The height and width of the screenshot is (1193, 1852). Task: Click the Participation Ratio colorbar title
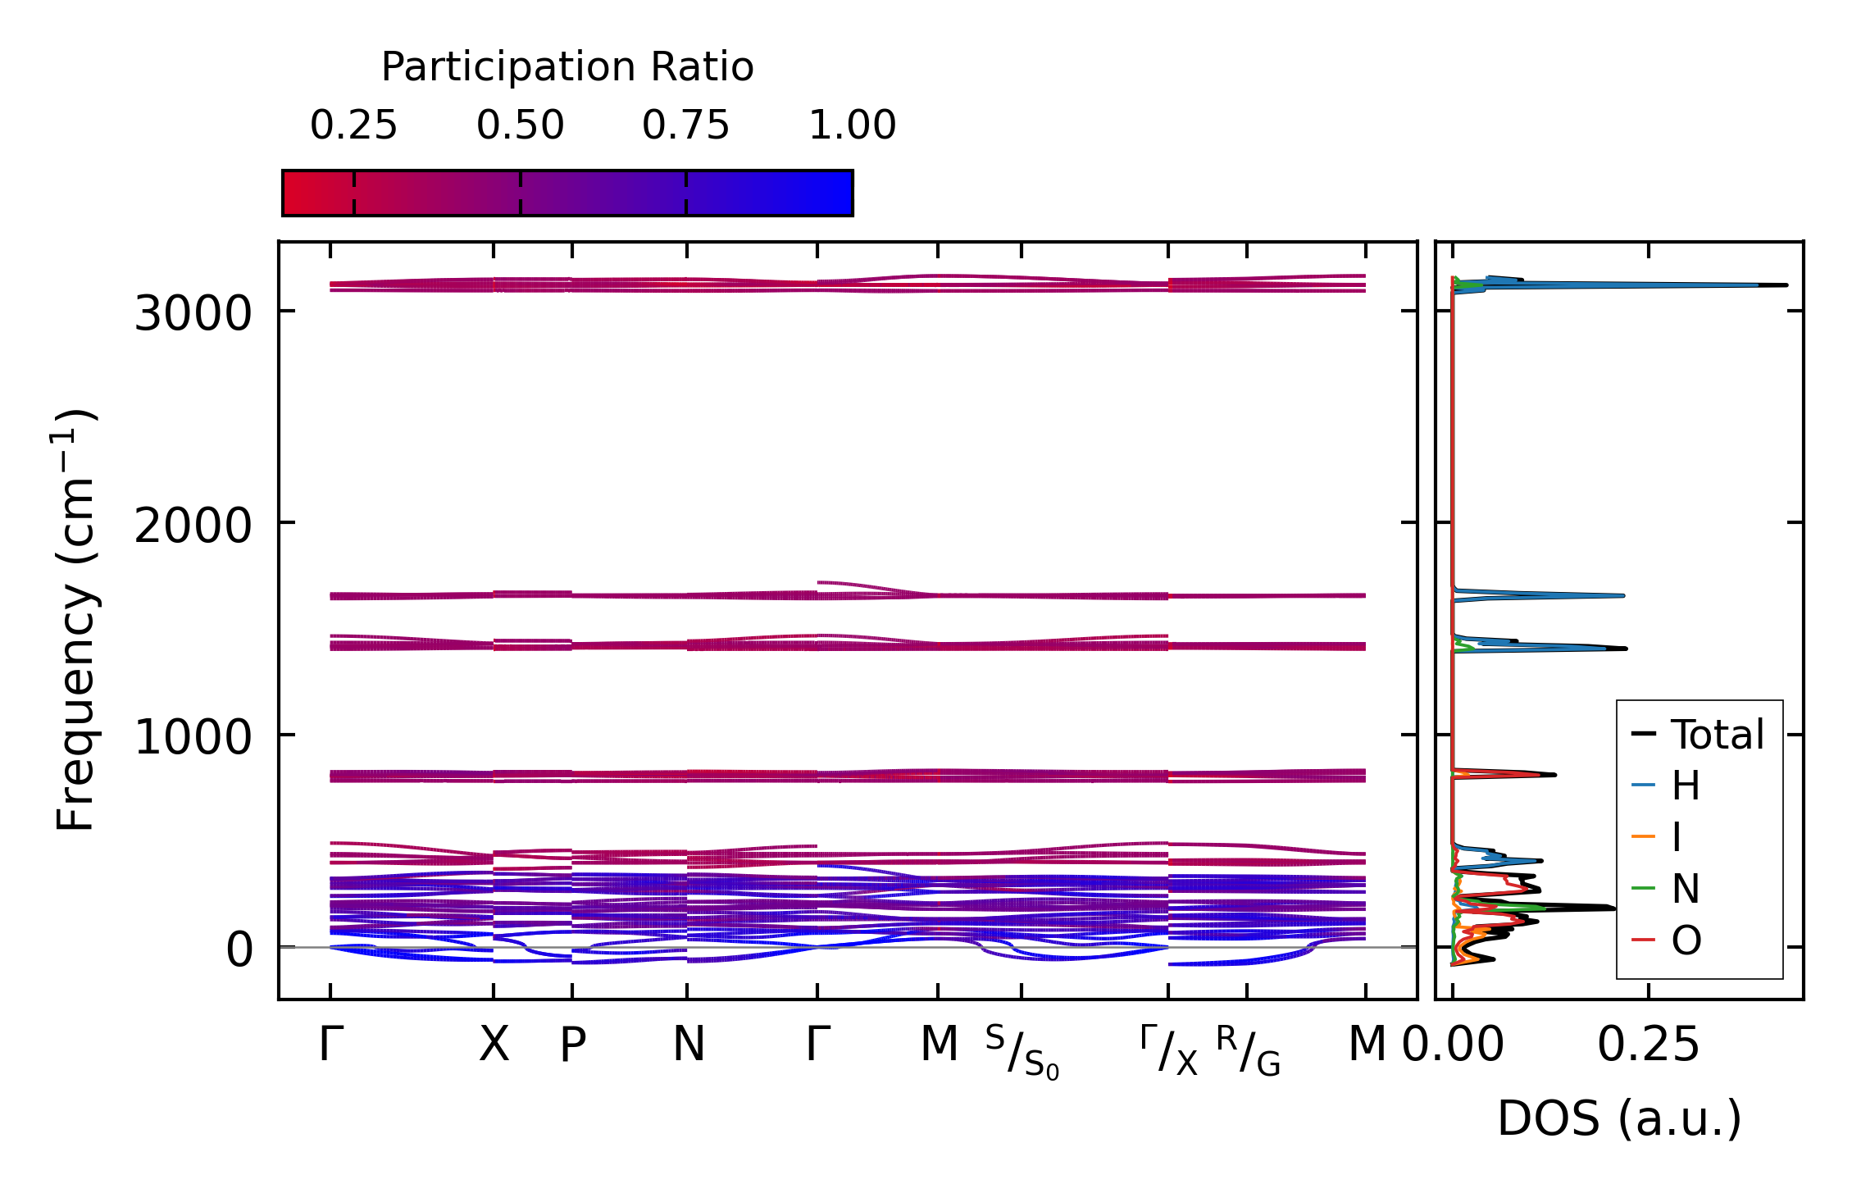[x=567, y=67]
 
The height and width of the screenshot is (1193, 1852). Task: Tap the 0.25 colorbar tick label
[x=353, y=125]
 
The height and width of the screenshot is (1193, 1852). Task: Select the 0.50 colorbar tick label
[x=521, y=125]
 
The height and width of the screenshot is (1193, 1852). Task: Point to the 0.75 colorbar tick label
[x=685, y=125]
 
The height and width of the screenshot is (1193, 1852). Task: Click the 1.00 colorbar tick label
[x=853, y=125]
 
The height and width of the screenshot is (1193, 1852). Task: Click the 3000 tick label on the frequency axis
[x=193, y=313]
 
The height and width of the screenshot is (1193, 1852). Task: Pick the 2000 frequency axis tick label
[x=193, y=525]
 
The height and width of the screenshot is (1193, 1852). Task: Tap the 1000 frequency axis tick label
[x=193, y=736]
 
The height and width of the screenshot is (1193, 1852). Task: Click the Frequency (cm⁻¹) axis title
[x=76, y=620]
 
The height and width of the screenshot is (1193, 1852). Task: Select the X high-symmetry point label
[x=494, y=1045]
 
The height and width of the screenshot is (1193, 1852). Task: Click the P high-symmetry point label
[x=572, y=1045]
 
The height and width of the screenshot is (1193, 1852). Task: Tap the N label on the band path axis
[x=689, y=1045]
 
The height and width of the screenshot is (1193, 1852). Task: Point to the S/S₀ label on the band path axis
[x=1022, y=1053]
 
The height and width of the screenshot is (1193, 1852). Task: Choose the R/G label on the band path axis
[x=1248, y=1053]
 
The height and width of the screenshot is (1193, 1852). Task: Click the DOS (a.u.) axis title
[x=1619, y=1119]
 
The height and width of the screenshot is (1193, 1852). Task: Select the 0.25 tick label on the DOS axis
[x=1649, y=1045]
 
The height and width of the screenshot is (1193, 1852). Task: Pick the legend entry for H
[x=1686, y=785]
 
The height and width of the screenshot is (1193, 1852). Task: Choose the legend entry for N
[x=1686, y=889]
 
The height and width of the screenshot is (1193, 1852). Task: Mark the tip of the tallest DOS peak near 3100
[x=1786, y=285]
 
